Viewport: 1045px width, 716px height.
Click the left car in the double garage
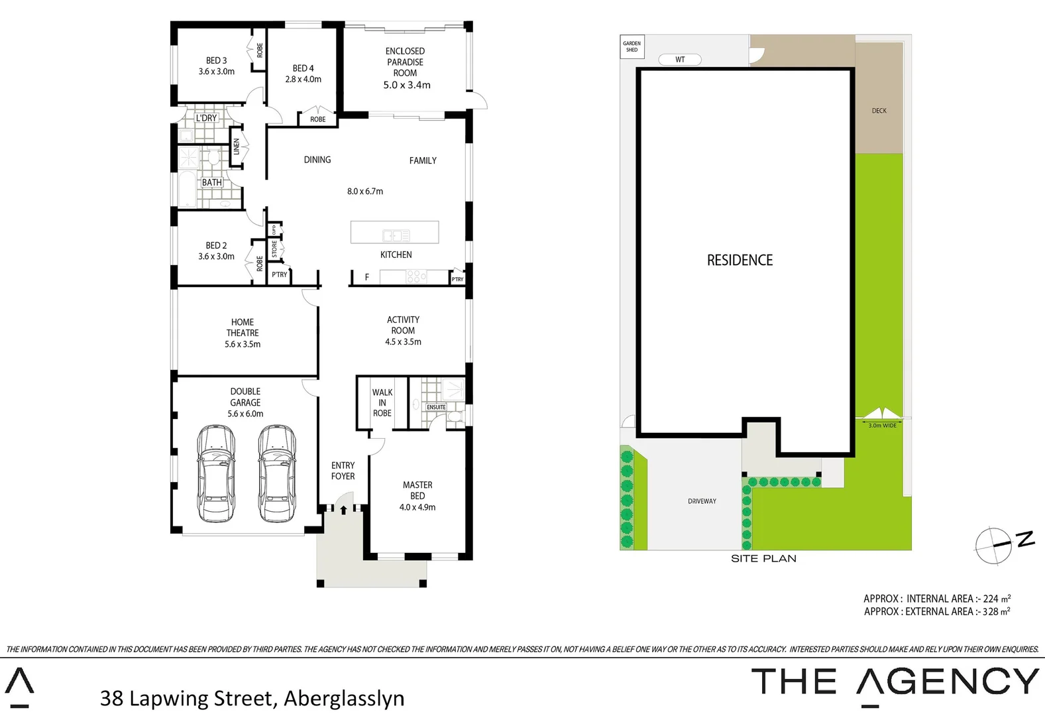(216, 473)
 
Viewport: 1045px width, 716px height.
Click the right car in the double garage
(277, 473)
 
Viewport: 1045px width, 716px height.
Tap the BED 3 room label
(216, 60)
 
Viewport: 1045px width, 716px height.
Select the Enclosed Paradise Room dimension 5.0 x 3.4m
(406, 85)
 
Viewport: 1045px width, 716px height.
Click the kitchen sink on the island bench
(396, 235)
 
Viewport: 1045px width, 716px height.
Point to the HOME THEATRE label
(243, 328)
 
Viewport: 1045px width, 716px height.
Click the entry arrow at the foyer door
(343, 510)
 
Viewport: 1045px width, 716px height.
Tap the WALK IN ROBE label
(382, 402)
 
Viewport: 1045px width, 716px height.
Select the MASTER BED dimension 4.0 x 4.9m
(417, 507)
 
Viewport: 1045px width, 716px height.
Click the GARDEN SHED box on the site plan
(632, 47)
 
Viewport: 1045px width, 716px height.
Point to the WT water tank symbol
(680, 60)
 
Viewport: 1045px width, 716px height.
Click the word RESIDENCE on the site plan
(740, 261)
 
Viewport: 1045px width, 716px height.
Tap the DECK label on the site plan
(879, 111)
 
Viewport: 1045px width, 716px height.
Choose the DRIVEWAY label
(702, 501)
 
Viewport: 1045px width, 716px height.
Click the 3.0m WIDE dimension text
(882, 426)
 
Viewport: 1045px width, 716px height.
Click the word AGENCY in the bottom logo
(948, 682)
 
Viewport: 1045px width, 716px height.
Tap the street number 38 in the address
(111, 698)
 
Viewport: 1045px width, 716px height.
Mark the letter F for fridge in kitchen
(366, 277)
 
